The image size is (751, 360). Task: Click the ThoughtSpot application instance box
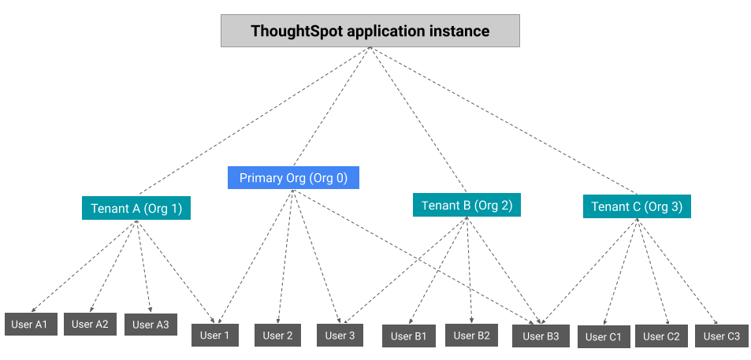pos(370,32)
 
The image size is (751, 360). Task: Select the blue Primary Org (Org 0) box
pos(293,178)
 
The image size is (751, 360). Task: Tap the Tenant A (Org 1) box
pos(136,208)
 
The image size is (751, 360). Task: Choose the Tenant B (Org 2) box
pos(467,206)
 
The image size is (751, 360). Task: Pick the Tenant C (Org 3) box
pos(637,207)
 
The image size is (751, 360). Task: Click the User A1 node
pos(30,324)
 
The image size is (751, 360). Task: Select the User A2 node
pos(91,323)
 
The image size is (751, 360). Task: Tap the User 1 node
pos(214,335)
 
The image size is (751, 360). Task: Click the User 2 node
pos(277,335)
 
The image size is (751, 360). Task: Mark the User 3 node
pos(340,335)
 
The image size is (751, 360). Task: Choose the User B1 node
pos(408,336)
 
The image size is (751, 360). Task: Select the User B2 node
pos(471,335)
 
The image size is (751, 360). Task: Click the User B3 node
pos(540,336)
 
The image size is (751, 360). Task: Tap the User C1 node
pos(604,336)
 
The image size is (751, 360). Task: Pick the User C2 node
pos(660,336)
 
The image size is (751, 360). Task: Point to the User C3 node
pos(721,336)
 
